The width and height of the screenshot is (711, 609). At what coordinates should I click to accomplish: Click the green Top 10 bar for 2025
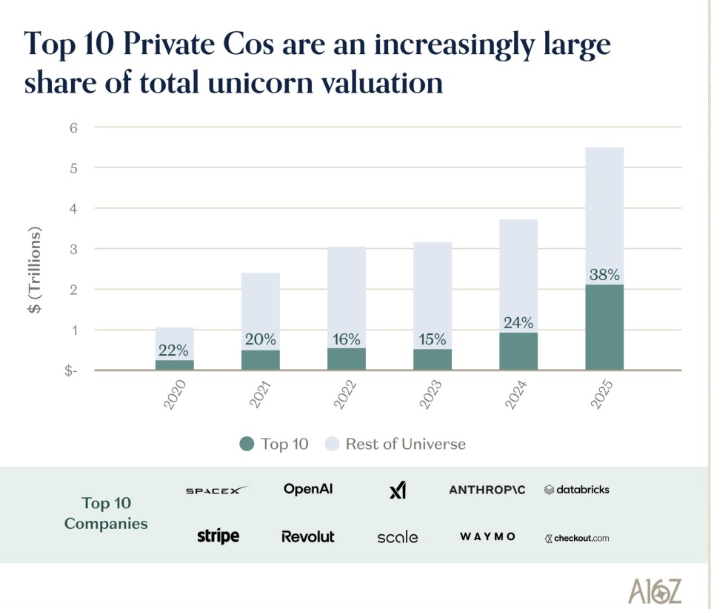[x=604, y=327]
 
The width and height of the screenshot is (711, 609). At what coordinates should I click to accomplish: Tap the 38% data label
[x=604, y=274]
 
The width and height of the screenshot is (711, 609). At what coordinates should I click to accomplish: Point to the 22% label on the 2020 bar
[x=175, y=350]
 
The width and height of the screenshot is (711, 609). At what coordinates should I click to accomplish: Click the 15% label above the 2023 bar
[x=433, y=339]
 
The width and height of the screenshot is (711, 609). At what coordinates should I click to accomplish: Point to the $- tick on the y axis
[x=71, y=370]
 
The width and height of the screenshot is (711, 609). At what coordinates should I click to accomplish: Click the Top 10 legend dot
[x=247, y=444]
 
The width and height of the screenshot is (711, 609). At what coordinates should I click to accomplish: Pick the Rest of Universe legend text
[x=406, y=444]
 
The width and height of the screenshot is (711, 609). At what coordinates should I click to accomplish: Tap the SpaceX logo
[x=216, y=490]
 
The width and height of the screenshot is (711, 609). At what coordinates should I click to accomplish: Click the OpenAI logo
[x=308, y=489]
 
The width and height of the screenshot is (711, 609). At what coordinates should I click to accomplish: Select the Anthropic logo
[x=487, y=490]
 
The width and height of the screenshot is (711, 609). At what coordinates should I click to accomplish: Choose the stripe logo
[x=218, y=536]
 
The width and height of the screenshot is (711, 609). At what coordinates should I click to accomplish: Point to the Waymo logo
[x=487, y=536]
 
